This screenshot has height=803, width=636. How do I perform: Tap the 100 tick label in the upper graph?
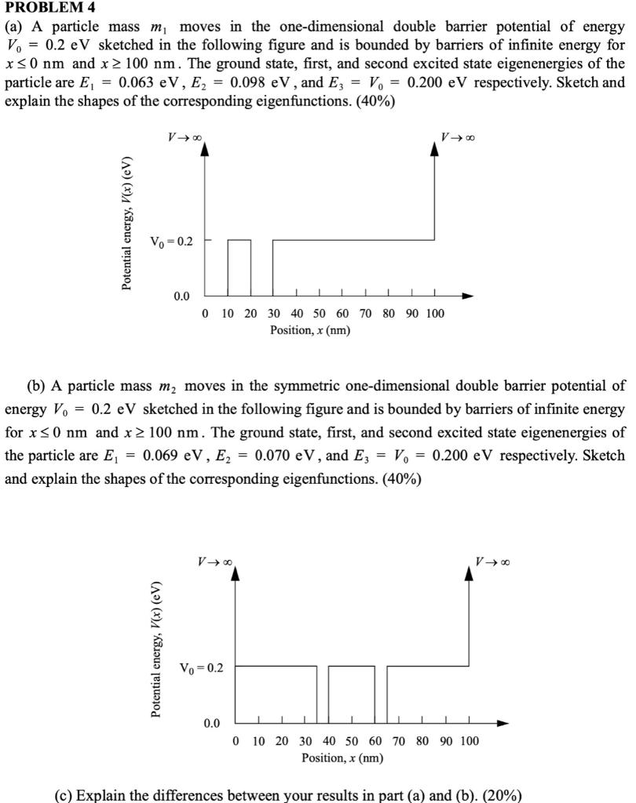[x=434, y=314]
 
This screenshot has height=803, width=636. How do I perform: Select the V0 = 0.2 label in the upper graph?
[x=172, y=241]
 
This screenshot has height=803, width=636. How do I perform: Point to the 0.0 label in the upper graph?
[x=181, y=296]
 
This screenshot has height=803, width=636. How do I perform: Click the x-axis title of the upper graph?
[x=310, y=330]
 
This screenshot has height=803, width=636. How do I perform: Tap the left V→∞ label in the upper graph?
[x=185, y=138]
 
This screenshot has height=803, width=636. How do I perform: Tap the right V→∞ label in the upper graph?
[x=458, y=138]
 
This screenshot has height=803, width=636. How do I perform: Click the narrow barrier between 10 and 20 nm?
[x=239, y=267]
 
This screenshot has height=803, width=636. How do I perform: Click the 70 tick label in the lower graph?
[x=399, y=741]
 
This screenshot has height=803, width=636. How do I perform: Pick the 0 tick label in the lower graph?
[x=236, y=741]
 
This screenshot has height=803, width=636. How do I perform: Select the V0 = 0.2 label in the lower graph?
[x=201, y=668]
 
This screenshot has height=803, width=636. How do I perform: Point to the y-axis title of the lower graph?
[x=155, y=649]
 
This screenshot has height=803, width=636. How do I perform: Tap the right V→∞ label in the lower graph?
[x=493, y=561]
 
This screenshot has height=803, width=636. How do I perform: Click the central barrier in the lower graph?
[x=351, y=694]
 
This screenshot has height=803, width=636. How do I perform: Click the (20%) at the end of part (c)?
[x=499, y=795]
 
